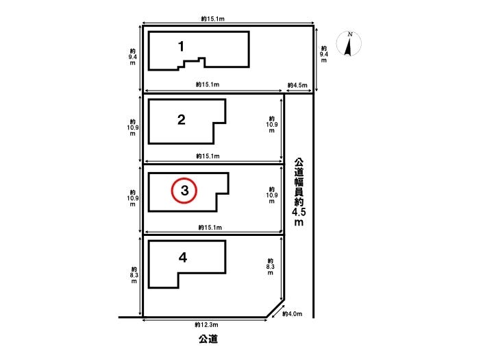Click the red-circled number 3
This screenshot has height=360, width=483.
coord(184,191)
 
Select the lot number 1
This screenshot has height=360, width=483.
coord(181,47)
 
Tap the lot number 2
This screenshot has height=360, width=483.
coord(182,119)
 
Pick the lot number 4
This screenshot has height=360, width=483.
coord(183,257)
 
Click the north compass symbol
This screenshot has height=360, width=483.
coord(349,43)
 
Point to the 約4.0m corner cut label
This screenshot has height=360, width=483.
coord(293,314)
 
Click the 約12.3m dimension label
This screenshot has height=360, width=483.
coord(206,324)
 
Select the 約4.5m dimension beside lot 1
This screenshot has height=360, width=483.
coord(297,85)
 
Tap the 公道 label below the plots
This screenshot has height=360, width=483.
coord(208,339)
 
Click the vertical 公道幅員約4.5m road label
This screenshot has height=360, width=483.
coord(299,192)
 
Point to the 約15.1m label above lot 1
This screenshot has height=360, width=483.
coord(213,19)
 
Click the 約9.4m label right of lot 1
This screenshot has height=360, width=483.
coord(324,54)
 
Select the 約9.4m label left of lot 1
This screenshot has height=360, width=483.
coord(132,57)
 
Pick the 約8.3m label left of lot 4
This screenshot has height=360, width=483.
coord(134,275)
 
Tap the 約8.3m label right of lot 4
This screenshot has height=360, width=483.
coord(270,267)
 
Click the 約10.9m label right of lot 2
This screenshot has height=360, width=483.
coord(272,125)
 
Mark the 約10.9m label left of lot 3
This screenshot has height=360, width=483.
coord(132,198)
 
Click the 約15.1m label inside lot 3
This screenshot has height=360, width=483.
coord(210,228)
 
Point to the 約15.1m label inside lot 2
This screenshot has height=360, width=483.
coord(208,156)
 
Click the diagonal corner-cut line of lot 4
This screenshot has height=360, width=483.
coord(275,308)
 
